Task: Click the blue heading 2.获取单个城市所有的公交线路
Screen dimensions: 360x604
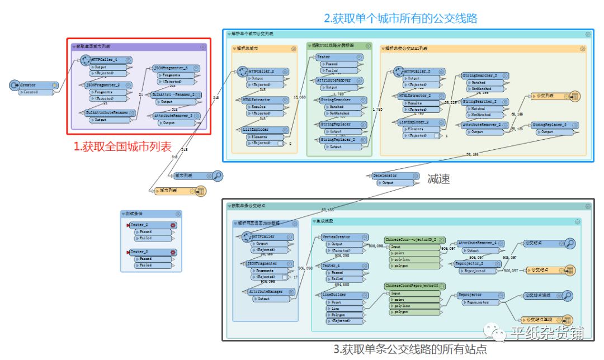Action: (x=401, y=18)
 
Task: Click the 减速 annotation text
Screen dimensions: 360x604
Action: (x=438, y=179)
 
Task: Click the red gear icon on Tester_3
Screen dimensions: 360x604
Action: (x=173, y=252)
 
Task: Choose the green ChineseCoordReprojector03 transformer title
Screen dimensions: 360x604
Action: (x=411, y=286)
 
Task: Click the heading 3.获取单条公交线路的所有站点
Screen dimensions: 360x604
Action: (x=410, y=349)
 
